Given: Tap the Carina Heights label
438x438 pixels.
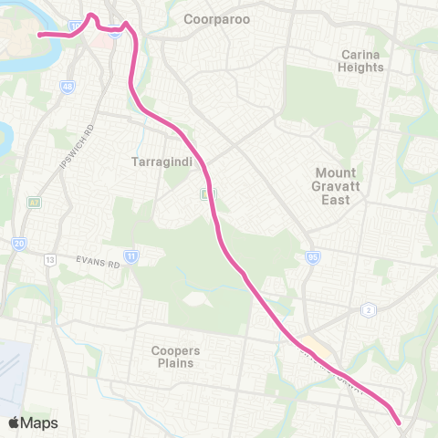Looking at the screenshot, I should point(360,61).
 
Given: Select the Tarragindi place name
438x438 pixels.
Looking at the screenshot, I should point(160,162).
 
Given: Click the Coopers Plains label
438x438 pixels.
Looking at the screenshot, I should point(178,357).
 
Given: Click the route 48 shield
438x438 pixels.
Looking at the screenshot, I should point(68,88).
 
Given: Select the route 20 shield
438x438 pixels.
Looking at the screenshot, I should point(19,244).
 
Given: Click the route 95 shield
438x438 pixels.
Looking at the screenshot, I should point(312,258).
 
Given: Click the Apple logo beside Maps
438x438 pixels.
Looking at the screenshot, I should point(16,422).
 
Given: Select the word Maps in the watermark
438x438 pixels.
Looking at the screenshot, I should point(41,422).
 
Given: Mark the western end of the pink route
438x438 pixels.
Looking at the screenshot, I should point(39,35).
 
